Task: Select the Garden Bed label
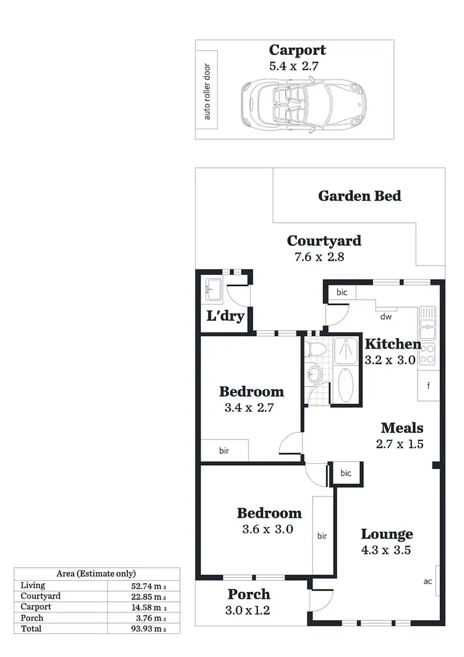click(359, 196)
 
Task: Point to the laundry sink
click(213, 287)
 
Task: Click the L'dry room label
click(225, 317)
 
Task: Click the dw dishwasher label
click(387, 316)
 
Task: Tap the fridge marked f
click(428, 385)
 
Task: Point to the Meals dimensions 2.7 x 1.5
click(402, 443)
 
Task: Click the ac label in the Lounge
click(427, 581)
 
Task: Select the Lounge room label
click(387, 534)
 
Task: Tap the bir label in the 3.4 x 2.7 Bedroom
click(224, 451)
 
